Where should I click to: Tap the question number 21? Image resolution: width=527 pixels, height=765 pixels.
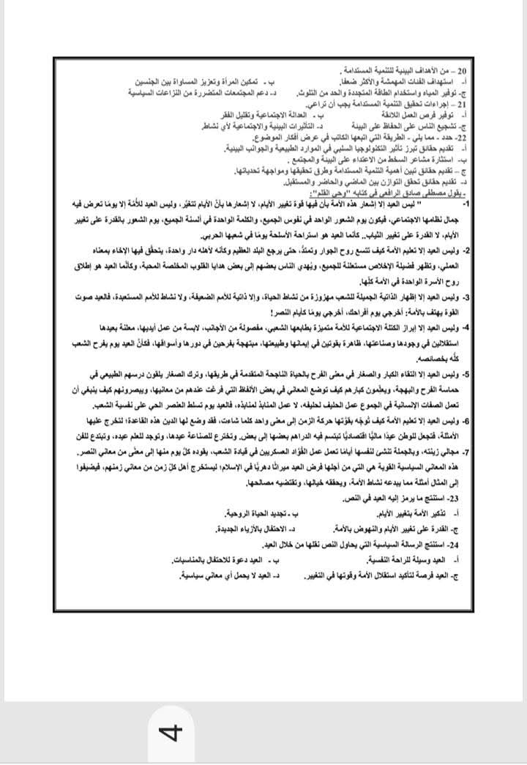(460, 105)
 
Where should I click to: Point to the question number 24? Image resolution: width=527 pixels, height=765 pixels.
(459, 546)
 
